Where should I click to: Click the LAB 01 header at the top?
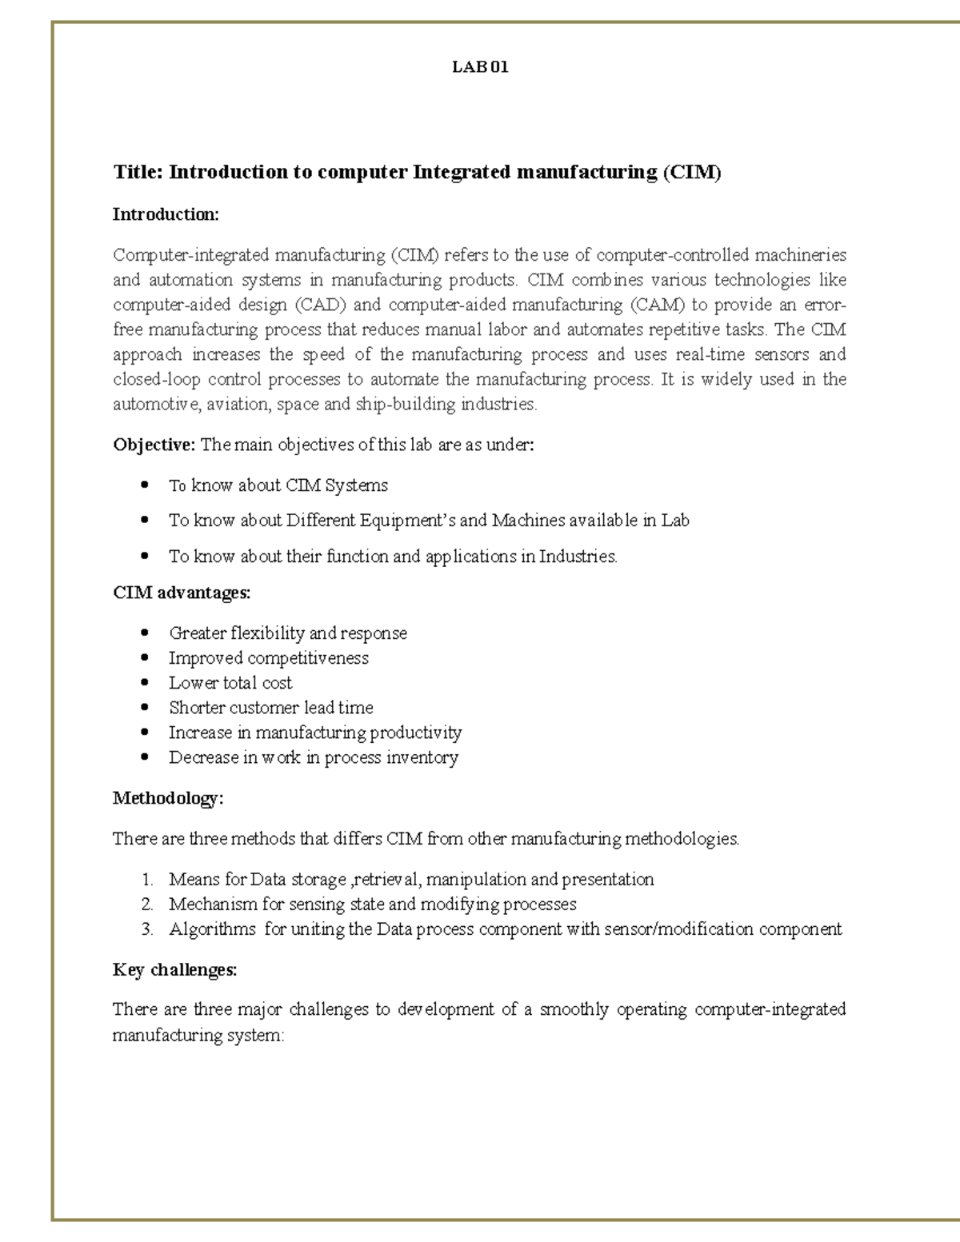tap(480, 67)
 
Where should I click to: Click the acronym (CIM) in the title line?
tap(692, 172)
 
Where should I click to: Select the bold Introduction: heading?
tap(166, 214)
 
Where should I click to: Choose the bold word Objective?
tap(154, 445)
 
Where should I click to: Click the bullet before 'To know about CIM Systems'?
tap(145, 485)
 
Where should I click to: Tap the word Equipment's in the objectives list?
tap(407, 520)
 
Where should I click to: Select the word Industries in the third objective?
tap(577, 556)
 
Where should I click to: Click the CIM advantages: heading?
tap(182, 593)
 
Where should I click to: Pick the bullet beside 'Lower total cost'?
tap(145, 683)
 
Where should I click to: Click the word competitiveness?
tap(308, 658)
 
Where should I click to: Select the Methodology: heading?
tap(168, 798)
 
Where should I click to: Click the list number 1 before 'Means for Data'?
tap(146, 880)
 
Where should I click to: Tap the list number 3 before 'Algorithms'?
tap(146, 929)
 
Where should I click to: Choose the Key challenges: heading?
tap(174, 970)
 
